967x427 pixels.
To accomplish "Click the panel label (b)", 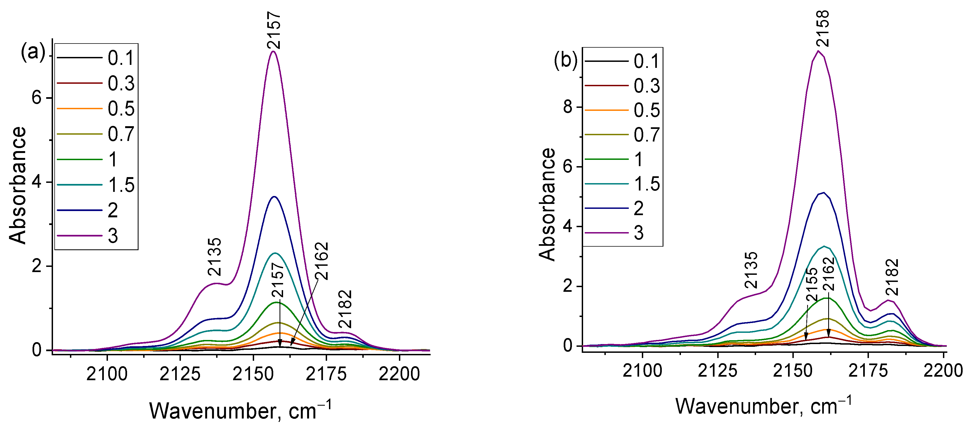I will point(566,60).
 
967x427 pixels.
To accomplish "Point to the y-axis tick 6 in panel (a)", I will point(37,98).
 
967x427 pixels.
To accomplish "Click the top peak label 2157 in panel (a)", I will point(274,30).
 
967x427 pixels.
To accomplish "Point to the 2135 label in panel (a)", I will point(215,257).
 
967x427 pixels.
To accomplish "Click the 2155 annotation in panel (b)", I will point(812,285).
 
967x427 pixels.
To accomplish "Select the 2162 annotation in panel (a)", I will point(322,261).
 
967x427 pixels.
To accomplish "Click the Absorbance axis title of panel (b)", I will point(547,204).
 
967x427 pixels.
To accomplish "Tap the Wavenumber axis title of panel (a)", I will point(240,411).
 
